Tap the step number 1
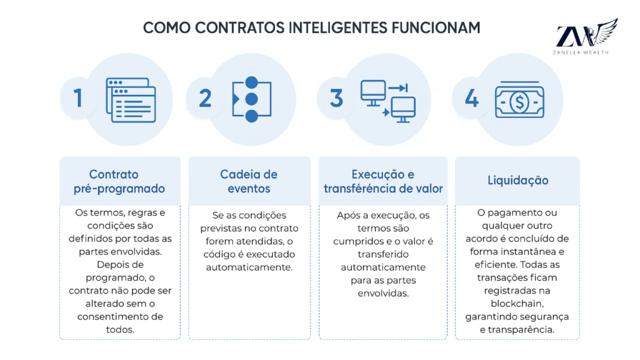pos(78,98)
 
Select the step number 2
pos(205,98)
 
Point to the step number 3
pos(337,98)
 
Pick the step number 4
pos(472,98)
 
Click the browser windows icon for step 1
pos(131,99)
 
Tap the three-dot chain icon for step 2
pos(251,99)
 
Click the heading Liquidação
pos(517,181)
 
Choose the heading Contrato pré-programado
pos(122,181)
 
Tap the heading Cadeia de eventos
pos(249,181)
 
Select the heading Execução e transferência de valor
pos(382,181)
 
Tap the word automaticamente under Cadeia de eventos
pos(249,267)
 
